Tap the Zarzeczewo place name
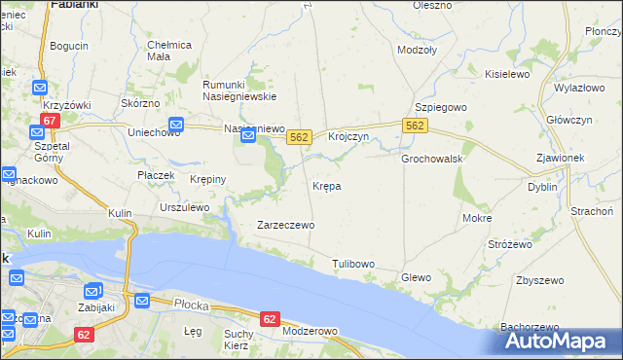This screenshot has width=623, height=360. coord(285,225)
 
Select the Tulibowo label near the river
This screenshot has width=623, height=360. coord(353,264)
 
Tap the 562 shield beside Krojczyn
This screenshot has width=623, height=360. coord(299,138)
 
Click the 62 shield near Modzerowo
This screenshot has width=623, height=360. coord(270,318)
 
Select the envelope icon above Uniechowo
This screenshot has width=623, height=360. coord(176,124)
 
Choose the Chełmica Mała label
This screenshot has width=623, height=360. coord(169,50)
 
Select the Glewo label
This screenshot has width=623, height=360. coord(416,277)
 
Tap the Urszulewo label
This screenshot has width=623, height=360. coord(184,207)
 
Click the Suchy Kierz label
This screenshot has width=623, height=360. coord(238,340)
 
